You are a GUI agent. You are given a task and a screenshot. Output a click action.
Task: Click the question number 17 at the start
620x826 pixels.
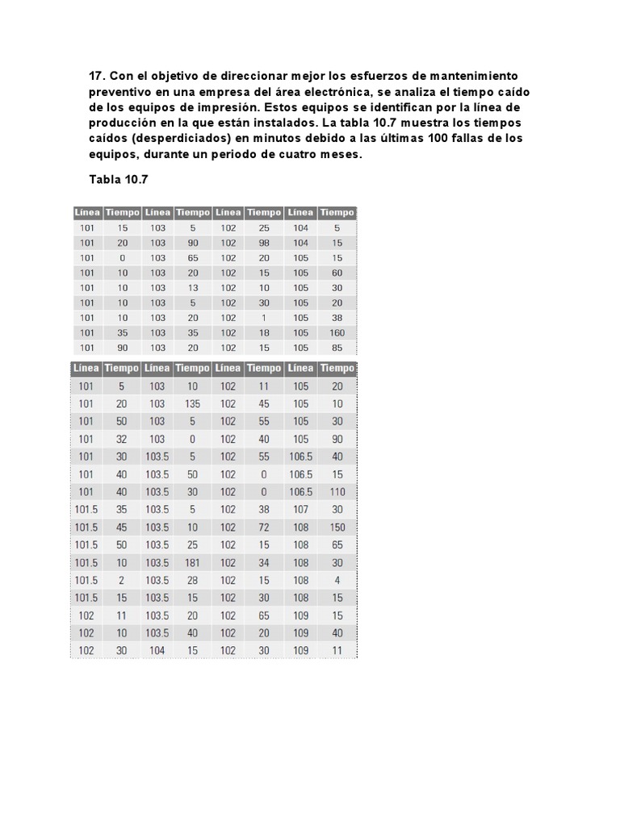[97, 75]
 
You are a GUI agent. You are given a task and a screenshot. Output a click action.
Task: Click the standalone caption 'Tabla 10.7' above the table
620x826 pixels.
[119, 180]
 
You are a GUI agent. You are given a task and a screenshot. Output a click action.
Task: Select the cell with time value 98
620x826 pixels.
[264, 243]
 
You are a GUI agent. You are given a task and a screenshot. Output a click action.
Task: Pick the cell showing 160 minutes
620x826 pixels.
[337, 332]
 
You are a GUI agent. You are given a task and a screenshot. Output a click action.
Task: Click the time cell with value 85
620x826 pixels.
[337, 348]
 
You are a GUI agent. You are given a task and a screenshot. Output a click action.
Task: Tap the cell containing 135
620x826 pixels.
[192, 404]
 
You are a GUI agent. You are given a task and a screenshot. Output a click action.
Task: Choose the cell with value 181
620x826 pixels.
[192, 562]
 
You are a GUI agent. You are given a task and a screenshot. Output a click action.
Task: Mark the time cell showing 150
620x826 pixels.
[337, 528]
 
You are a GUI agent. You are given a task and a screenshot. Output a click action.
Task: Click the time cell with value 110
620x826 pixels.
[337, 492]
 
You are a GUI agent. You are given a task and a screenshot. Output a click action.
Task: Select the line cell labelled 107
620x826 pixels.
[300, 510]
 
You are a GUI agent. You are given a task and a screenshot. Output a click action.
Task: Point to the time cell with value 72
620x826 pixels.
[264, 528]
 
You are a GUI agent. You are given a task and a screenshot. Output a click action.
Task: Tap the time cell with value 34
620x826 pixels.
[264, 562]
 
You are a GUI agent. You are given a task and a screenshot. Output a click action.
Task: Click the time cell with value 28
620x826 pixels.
[192, 580]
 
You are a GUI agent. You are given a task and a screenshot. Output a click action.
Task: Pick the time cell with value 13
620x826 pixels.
[192, 288]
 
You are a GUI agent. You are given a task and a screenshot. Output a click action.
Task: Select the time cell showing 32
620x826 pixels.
[122, 440]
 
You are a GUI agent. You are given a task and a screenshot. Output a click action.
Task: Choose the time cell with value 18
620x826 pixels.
[264, 332]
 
